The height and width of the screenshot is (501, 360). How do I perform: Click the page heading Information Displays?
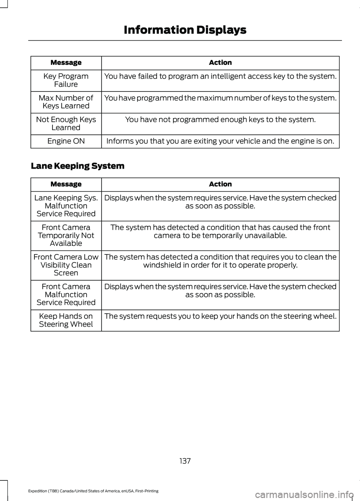[185, 30]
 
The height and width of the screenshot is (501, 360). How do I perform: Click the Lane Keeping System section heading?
[78, 166]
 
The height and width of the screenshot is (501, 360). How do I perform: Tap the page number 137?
[185, 461]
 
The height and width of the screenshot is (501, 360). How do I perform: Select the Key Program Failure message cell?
[66, 80]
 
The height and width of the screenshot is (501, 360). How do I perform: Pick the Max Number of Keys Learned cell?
[66, 102]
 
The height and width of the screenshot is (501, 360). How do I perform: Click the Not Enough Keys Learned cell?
[66, 124]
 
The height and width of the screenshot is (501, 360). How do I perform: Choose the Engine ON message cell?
[66, 141]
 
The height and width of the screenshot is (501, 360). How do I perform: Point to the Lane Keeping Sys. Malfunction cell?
[66, 206]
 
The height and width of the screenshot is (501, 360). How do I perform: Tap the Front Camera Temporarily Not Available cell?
[66, 235]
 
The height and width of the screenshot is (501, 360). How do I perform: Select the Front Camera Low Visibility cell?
[66, 265]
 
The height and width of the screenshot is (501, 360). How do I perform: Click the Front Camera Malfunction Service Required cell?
[66, 295]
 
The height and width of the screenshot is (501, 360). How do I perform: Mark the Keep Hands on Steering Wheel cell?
[66, 320]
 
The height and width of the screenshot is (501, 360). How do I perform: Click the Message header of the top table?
[66, 63]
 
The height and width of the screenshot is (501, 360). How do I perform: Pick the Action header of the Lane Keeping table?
[220, 184]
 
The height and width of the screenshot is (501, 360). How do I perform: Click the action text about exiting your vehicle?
[220, 141]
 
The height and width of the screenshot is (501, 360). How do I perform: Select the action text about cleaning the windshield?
[220, 261]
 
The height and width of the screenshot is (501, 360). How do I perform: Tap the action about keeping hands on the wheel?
[220, 316]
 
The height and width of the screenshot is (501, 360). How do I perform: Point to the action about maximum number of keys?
[220, 98]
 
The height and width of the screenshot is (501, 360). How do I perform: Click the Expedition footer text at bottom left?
[93, 491]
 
